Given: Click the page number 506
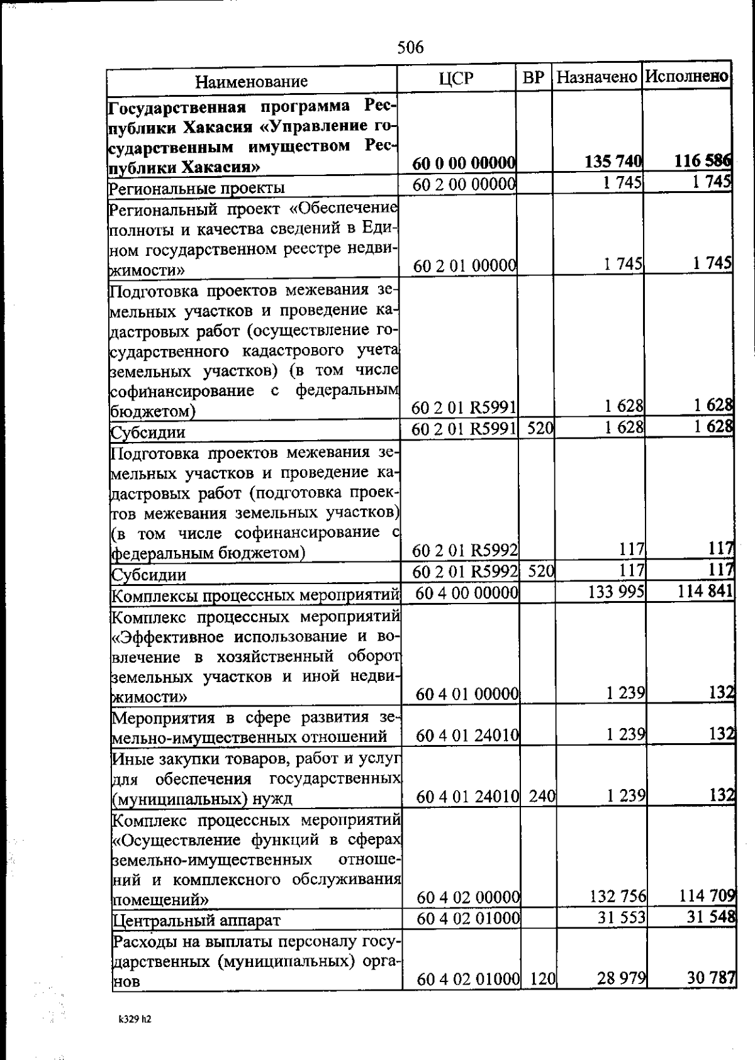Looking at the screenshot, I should coord(410,47).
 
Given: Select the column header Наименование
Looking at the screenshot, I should coord(251,81).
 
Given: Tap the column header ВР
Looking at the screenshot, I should coord(533,79).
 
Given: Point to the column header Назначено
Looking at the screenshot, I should coord(596,78).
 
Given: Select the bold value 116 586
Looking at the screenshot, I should coord(703,161).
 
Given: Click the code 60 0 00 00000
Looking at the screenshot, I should coord(464,163).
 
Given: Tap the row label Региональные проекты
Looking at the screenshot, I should coord(197,188).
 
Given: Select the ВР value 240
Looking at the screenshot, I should coord(541,797).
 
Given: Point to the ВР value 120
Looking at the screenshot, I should coord(541,979).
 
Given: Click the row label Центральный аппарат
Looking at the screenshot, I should coord(196,920).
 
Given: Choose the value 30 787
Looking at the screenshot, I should coord(710,978).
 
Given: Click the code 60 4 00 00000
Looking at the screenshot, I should coord(466,593).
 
